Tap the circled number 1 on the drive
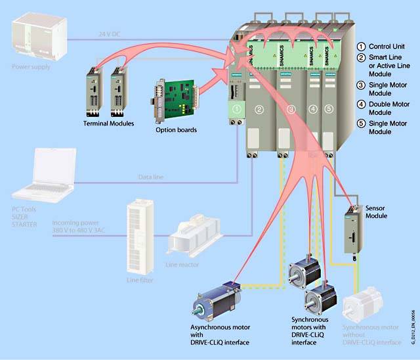pyautogui.click(x=237, y=109)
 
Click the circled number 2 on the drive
pyautogui.click(x=260, y=109)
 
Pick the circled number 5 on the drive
pyautogui.click(x=329, y=109)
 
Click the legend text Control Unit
pyautogui.click(x=387, y=47)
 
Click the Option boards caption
pyautogui.click(x=176, y=130)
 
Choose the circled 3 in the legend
pyautogui.click(x=360, y=85)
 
